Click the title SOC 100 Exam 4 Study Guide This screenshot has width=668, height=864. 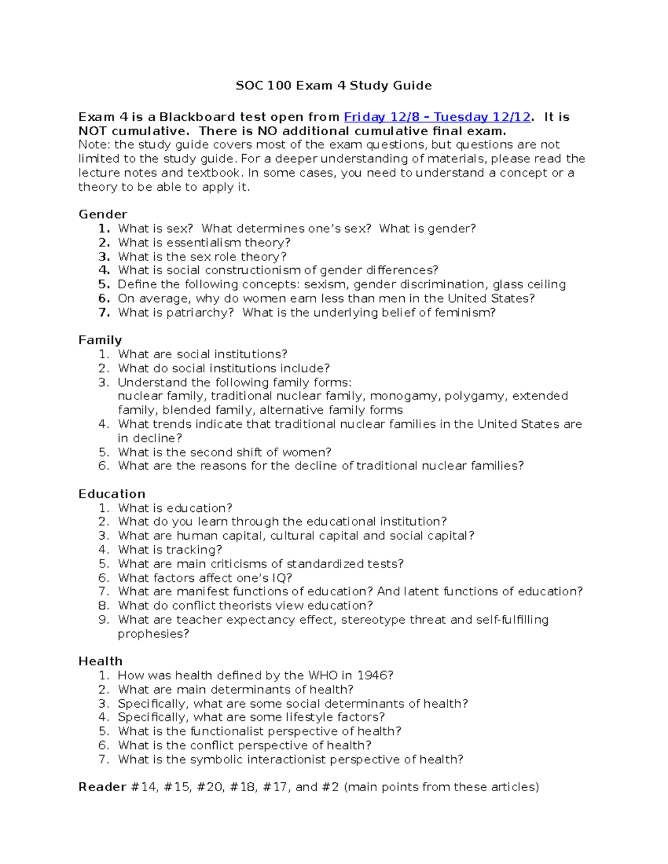(x=333, y=86)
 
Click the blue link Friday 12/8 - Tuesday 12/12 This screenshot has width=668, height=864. (x=437, y=117)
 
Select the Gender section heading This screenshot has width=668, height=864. (x=102, y=214)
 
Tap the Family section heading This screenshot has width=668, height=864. (x=100, y=340)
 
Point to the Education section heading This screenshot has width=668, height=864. (x=111, y=494)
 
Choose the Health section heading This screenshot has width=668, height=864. (x=100, y=661)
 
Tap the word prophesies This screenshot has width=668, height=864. (x=153, y=634)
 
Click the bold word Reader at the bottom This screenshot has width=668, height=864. (x=102, y=787)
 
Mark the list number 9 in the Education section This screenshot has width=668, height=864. (x=103, y=620)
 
